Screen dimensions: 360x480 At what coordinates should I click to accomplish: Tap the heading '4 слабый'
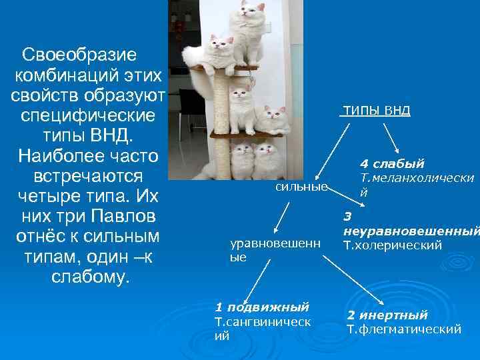tap(392, 164)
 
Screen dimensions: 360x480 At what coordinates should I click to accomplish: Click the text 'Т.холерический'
tap(393, 246)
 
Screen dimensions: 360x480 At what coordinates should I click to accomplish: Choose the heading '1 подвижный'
tap(262, 307)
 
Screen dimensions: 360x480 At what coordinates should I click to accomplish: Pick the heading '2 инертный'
tap(387, 315)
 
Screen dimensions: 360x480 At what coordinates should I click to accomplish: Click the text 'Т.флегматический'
tap(404, 329)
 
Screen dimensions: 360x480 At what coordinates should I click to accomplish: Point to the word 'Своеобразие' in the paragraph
tap(79, 53)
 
